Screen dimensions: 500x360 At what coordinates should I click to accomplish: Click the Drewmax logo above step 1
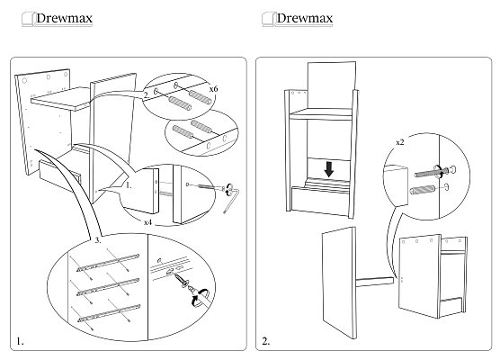[58, 19]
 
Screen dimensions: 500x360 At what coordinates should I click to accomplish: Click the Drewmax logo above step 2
[298, 19]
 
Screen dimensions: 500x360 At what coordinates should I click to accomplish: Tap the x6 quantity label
[213, 89]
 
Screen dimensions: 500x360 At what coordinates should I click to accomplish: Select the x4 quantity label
[147, 222]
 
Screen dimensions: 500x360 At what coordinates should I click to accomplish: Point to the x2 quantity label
[400, 142]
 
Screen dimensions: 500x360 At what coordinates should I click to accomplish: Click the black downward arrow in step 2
[329, 169]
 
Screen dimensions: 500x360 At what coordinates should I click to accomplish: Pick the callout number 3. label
[98, 240]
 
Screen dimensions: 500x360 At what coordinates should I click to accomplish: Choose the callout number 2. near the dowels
[147, 95]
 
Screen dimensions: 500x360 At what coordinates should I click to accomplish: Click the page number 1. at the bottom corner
[20, 341]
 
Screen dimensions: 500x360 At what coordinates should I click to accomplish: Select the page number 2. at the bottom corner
[266, 341]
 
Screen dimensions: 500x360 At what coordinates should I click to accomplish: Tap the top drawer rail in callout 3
[108, 263]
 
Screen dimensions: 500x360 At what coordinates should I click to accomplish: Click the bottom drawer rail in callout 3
[109, 313]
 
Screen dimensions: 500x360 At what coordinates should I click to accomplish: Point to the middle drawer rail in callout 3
[108, 287]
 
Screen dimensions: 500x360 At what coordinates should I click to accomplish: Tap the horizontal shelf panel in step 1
[60, 99]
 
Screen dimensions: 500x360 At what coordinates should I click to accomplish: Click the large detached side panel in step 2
[339, 283]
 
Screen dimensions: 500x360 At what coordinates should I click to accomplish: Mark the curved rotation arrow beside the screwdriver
[200, 298]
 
